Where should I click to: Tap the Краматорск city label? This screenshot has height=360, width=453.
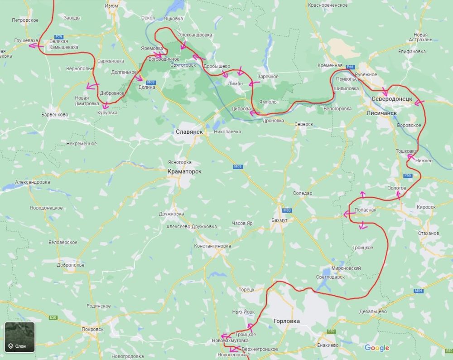[184, 171]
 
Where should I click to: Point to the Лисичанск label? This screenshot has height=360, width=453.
[381, 113]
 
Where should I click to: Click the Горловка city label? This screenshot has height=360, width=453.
[287, 321]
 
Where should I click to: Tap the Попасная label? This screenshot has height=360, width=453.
[366, 209]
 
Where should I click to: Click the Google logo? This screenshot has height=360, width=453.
[376, 348]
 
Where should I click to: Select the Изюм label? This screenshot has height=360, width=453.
[111, 5]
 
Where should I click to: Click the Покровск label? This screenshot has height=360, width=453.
[92, 329]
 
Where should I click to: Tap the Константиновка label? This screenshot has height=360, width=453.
[212, 246]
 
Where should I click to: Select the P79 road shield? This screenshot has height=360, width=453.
[58, 36]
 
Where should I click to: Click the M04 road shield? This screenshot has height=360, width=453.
[418, 291]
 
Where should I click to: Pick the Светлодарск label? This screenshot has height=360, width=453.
[330, 277]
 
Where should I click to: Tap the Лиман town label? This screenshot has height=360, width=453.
[235, 83]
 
